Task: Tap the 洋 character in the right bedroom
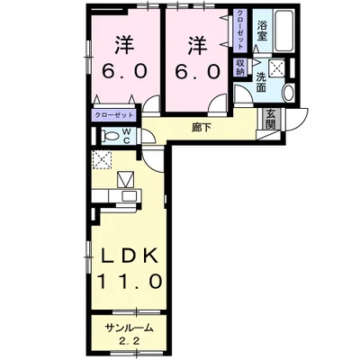[x=198, y=43]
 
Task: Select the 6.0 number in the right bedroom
[x=198, y=72]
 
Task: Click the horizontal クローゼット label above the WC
[x=114, y=116]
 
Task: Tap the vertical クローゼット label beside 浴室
[x=240, y=32]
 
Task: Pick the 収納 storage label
[x=240, y=69]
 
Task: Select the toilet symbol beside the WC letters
[x=112, y=135]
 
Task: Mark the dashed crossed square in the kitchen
[x=102, y=161]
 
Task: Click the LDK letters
[x=130, y=254]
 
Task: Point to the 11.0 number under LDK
[x=130, y=281]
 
